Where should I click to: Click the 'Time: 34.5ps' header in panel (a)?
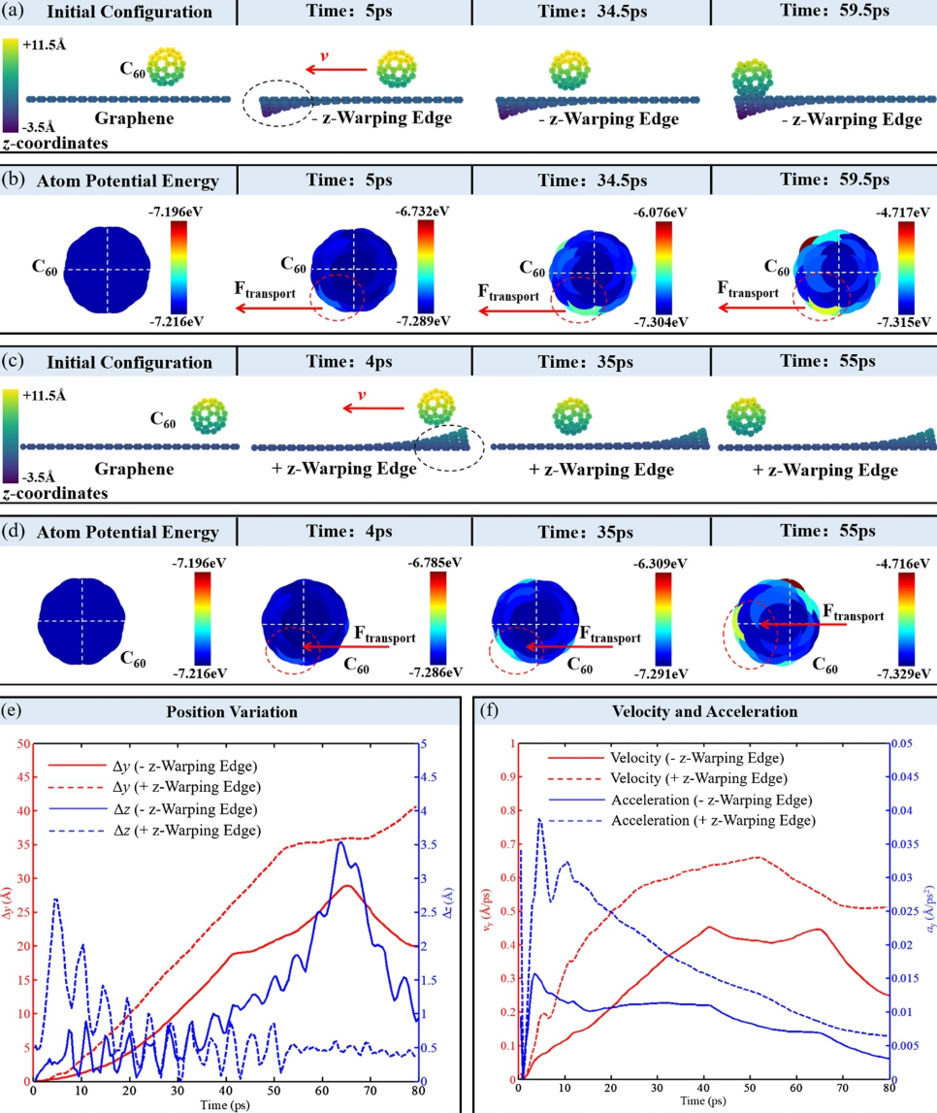point(590,14)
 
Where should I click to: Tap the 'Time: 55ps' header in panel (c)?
point(823,362)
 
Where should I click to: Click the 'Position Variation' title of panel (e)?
point(233,711)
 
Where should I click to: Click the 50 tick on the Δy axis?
point(21,743)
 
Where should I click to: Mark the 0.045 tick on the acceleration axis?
point(909,777)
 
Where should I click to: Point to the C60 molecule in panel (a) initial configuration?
point(164,65)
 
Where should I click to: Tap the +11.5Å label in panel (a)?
point(42,46)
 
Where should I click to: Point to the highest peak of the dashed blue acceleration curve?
point(539,819)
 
